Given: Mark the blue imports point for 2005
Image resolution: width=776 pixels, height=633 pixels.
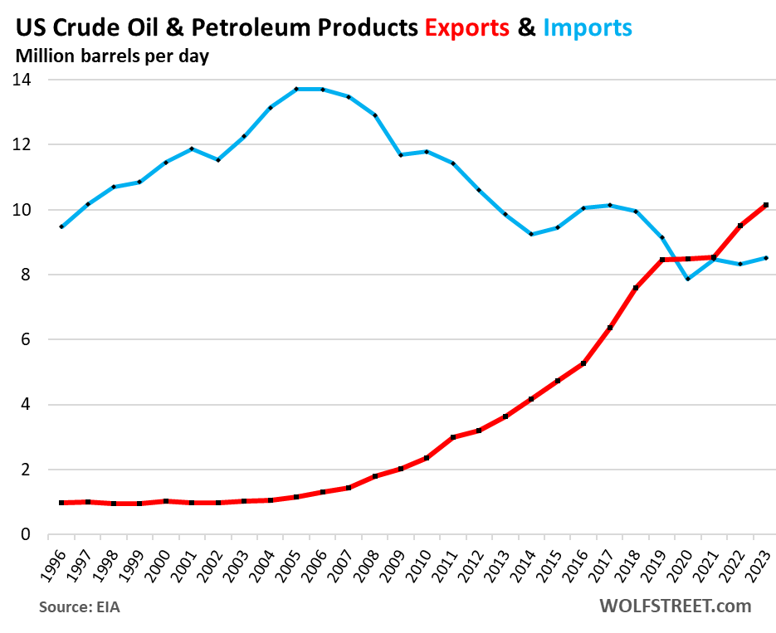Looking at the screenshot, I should click(296, 89).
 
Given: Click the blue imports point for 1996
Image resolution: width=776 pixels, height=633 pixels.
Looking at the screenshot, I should click(61, 226).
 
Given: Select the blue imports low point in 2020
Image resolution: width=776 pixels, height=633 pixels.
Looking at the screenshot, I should click(688, 279).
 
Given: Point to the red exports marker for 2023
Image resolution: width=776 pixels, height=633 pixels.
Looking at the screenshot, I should click(766, 205).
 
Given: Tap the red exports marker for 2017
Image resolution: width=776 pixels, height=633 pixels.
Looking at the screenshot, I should click(610, 328).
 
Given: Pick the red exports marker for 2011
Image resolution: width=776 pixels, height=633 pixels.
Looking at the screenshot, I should click(453, 437).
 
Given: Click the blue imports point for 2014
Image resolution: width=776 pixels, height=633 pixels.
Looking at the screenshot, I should click(531, 234).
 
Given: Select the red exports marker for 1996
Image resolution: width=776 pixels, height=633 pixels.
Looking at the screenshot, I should click(61, 503).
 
